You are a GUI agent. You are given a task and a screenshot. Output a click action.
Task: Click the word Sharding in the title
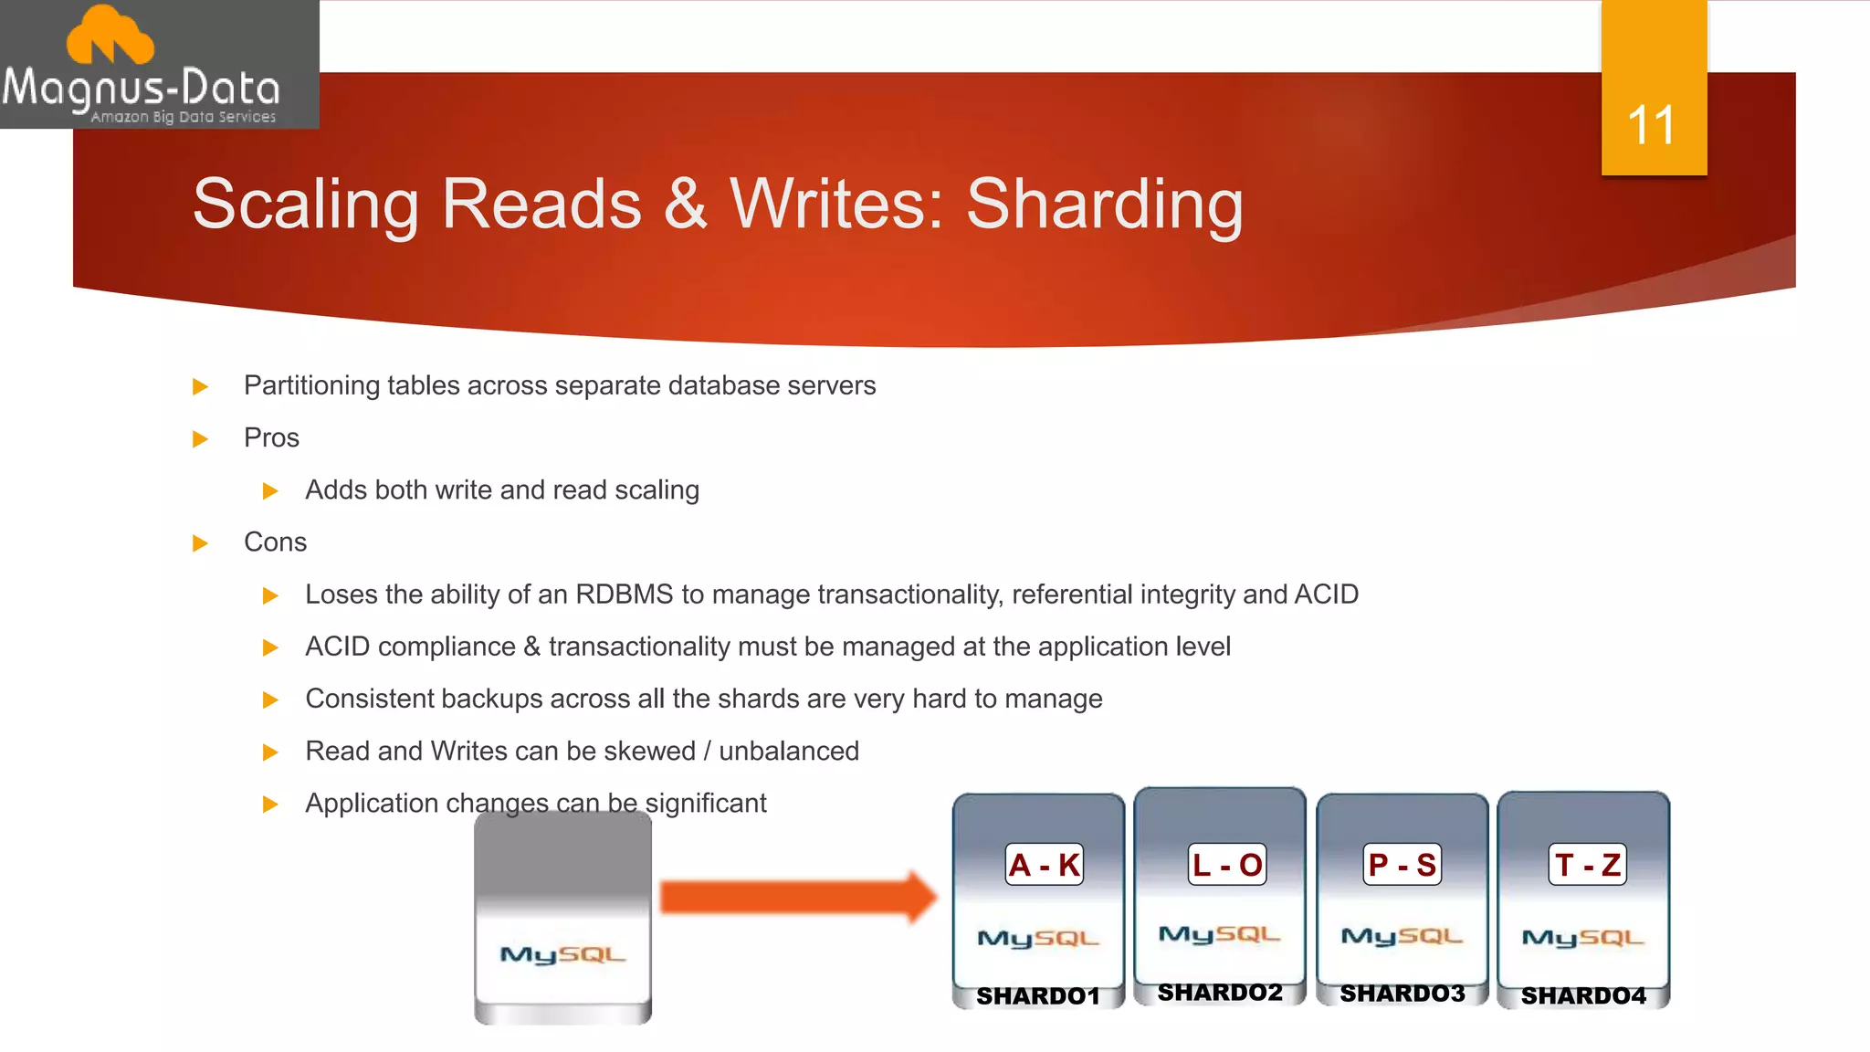coord(1104,205)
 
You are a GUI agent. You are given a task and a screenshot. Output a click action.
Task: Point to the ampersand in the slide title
coord(685,203)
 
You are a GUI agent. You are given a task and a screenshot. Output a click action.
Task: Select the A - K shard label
coord(1045,864)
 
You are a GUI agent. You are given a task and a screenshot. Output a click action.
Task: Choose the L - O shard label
coord(1227,864)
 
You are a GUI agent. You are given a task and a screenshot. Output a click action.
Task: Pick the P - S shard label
coord(1402,864)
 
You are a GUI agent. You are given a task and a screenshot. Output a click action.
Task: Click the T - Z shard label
coord(1587,864)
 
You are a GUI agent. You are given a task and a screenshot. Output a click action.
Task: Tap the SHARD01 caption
coord(1038,995)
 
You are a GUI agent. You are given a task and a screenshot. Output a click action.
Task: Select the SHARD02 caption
coord(1220,993)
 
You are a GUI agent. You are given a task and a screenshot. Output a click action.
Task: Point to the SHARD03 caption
coord(1402,994)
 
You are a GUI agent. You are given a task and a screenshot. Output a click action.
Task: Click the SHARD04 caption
coord(1583,995)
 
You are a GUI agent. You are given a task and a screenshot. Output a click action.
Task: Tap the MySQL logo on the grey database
coord(562,954)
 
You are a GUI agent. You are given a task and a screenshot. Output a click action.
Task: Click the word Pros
coord(271,438)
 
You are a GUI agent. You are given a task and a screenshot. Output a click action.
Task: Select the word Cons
coord(275,542)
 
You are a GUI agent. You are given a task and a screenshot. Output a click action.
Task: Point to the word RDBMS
coord(624,594)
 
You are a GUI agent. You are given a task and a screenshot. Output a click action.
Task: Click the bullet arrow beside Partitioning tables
coord(201,387)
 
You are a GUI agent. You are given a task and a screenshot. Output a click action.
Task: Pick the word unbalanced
coord(789,751)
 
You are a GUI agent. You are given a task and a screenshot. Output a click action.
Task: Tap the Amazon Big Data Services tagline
coord(183,117)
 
